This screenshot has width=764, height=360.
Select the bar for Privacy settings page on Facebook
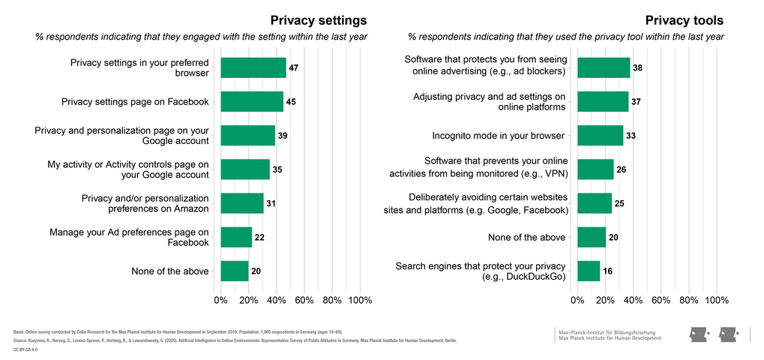[252, 101]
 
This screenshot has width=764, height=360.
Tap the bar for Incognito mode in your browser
[600, 136]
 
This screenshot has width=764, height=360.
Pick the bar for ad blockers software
[603, 67]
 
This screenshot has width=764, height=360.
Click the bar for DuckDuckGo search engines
[589, 271]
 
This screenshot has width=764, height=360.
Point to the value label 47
[294, 67]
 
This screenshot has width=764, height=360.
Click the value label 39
[283, 136]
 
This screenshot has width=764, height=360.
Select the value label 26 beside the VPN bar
[621, 169]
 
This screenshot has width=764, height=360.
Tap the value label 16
[607, 271]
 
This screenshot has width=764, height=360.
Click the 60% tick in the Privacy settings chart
[304, 300]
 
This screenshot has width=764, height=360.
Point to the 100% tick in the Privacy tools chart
[717, 300]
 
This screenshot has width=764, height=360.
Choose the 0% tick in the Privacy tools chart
[577, 300]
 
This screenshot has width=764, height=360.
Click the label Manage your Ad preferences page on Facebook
[129, 237]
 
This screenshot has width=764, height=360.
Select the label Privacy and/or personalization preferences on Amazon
[145, 203]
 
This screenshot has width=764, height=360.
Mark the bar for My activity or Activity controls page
[245, 169]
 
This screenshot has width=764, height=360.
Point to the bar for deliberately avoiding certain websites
[595, 203]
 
